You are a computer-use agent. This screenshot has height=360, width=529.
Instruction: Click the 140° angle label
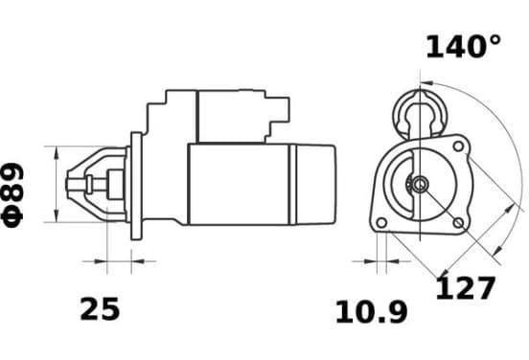click(x=464, y=47)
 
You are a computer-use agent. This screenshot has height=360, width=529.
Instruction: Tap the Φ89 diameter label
click(x=12, y=195)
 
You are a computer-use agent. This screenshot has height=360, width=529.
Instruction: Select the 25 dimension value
click(x=100, y=309)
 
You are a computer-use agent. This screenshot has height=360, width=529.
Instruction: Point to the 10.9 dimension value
click(x=372, y=312)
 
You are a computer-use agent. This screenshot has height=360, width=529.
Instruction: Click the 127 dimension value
click(x=466, y=288)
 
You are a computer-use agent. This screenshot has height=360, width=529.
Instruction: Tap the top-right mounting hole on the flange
click(x=458, y=146)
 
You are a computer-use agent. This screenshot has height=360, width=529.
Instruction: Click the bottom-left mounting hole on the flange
click(x=381, y=223)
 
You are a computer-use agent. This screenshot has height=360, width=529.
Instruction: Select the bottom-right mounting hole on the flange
click(x=458, y=223)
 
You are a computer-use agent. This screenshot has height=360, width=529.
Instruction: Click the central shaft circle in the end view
click(x=420, y=185)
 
